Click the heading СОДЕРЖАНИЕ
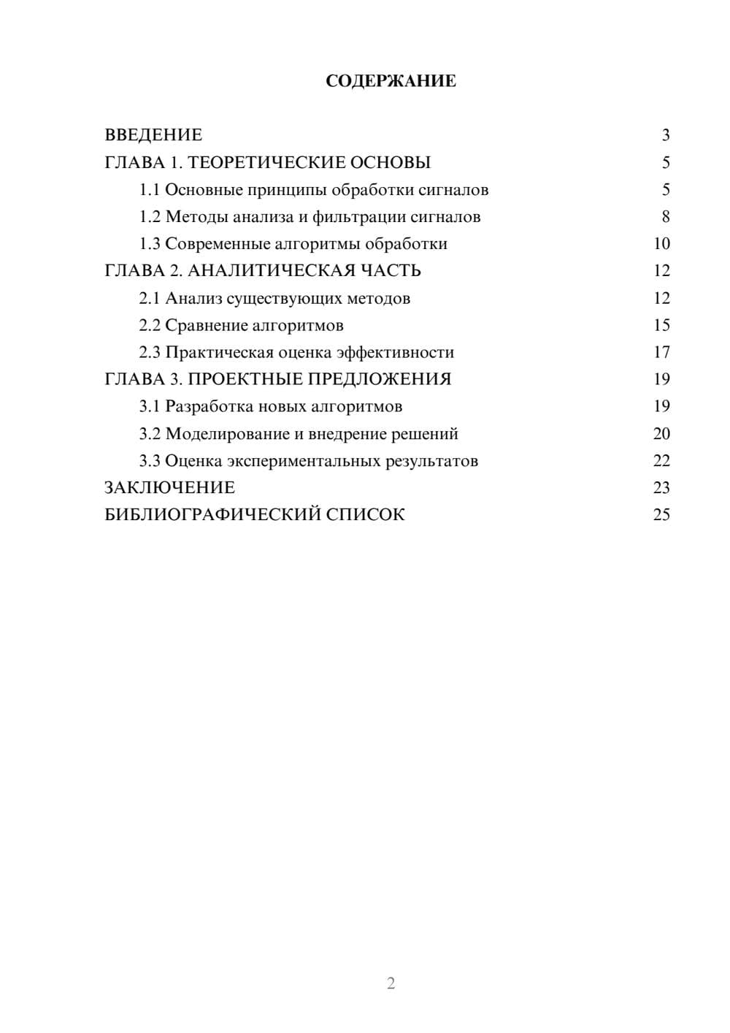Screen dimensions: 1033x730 click(391, 81)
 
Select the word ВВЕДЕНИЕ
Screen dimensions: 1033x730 click(153, 135)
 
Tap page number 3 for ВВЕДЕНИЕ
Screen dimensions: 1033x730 click(665, 135)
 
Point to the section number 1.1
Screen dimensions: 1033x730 click(150, 190)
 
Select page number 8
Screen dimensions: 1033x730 click(665, 217)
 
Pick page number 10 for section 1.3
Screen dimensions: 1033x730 click(661, 244)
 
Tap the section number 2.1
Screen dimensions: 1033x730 click(150, 298)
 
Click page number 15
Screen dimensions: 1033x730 click(661, 325)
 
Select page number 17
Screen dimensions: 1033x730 click(661, 353)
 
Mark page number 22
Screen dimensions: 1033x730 click(661, 461)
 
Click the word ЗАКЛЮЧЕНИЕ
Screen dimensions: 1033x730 click(169, 488)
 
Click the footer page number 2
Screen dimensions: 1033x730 click(391, 983)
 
